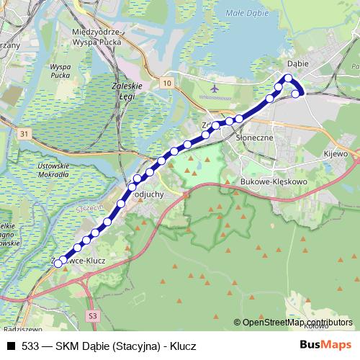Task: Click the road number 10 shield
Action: [167, 84]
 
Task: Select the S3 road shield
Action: [93, 315]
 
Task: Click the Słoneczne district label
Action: [246, 137]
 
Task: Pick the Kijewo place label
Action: [336, 153]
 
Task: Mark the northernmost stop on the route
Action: [289, 78]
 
